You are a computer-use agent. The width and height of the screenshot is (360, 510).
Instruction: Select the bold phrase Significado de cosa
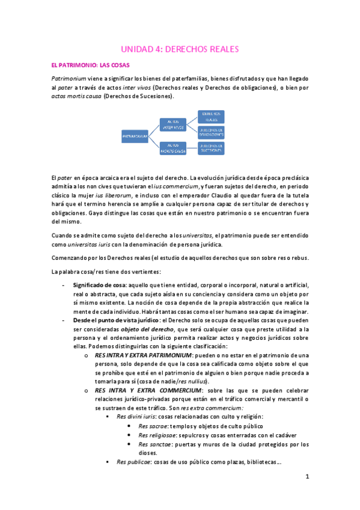coord(99,284)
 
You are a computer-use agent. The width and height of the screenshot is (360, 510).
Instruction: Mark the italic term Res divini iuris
coord(137,417)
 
